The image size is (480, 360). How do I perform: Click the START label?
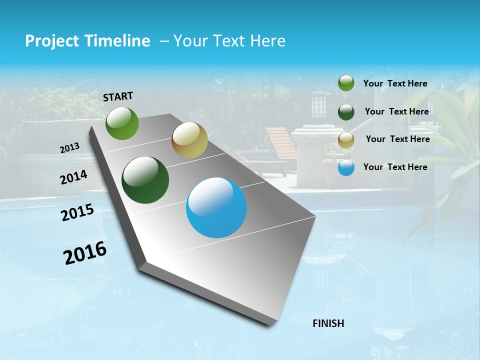(x=118, y=96)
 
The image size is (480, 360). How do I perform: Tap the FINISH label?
(x=328, y=323)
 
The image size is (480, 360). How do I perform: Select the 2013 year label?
(x=70, y=148)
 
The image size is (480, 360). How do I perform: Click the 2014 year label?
(x=74, y=177)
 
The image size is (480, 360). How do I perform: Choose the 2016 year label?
(x=85, y=253)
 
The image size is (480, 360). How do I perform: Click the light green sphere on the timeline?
(x=122, y=123)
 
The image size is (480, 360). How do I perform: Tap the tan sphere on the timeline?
(x=189, y=140)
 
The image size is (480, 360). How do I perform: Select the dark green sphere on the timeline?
(x=145, y=180)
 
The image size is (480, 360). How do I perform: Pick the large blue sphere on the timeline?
(x=216, y=207)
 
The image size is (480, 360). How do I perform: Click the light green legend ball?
(x=346, y=83)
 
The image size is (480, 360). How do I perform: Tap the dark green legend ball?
(x=346, y=111)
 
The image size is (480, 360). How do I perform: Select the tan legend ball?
(x=346, y=139)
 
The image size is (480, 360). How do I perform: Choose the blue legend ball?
(x=346, y=167)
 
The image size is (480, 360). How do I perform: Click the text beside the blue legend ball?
(x=395, y=167)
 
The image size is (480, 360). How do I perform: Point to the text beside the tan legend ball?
(x=397, y=139)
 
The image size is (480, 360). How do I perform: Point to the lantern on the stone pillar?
(x=318, y=106)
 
